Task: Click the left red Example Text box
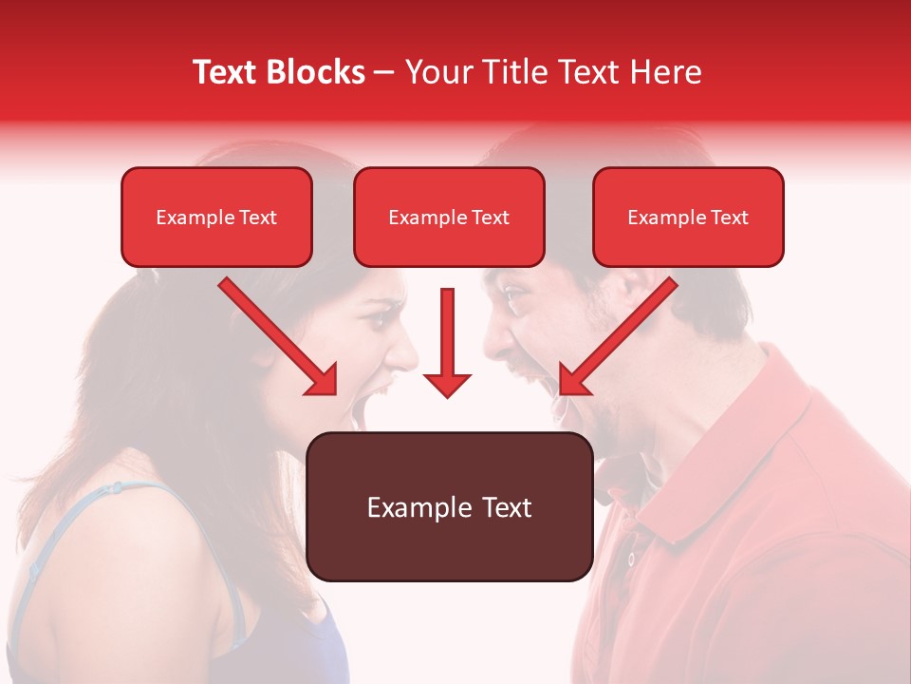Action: (x=216, y=217)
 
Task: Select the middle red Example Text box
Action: (x=449, y=217)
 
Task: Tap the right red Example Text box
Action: (x=688, y=217)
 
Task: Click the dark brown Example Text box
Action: (x=450, y=506)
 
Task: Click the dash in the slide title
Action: (x=384, y=73)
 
